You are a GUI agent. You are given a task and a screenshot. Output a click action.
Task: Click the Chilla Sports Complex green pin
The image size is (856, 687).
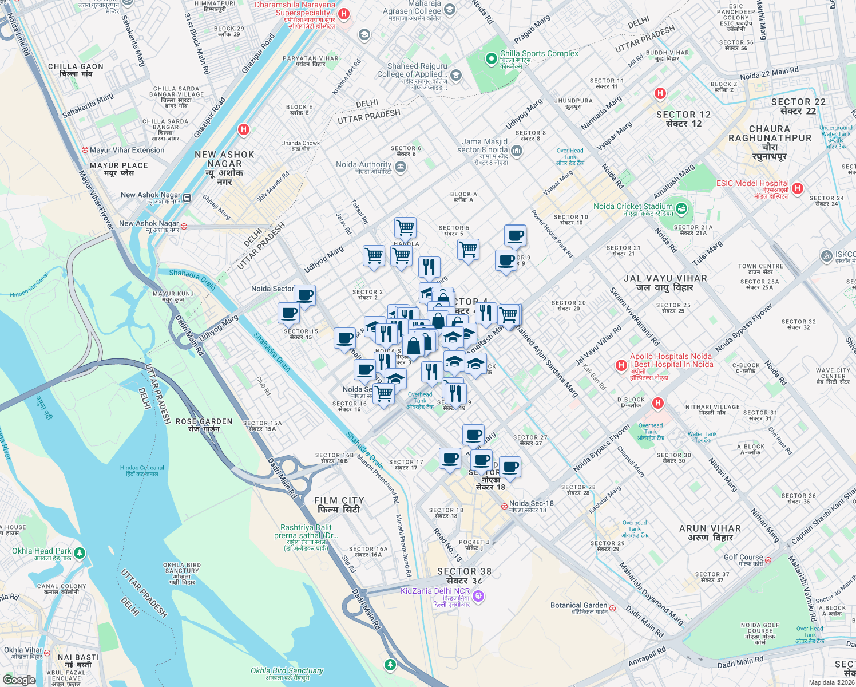[490, 58]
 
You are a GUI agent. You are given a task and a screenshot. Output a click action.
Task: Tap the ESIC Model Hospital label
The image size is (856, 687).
[752, 184]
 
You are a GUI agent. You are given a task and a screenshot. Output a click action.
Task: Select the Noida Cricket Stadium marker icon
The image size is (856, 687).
[681, 208]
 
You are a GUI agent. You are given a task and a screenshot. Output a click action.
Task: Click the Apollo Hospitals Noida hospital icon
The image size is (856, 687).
[621, 365]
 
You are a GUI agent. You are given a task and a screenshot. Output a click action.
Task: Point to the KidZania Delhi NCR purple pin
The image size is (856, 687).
[479, 597]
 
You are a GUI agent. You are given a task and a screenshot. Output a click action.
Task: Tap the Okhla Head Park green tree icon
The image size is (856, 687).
[80, 552]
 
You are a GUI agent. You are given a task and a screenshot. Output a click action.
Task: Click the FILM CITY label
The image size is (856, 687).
[339, 500]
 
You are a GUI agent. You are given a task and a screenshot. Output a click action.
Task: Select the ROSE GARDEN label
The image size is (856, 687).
[204, 421]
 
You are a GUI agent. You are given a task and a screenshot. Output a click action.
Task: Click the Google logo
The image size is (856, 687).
[19, 680]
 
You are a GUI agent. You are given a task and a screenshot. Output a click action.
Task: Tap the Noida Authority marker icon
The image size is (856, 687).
[401, 167]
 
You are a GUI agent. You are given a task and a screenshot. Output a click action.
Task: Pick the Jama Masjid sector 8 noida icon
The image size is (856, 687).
[517, 151]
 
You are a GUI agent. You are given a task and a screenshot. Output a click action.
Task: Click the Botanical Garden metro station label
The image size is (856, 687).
[578, 605]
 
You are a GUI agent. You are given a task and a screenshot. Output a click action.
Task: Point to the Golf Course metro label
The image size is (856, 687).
[743, 557]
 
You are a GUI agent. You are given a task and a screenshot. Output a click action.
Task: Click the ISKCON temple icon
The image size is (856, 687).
[826, 256]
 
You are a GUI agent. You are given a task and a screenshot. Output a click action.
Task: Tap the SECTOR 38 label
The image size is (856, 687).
[464, 571]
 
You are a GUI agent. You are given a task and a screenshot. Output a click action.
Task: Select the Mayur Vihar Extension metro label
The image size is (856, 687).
[126, 150]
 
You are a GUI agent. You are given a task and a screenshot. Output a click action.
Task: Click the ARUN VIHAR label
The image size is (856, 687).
[710, 528]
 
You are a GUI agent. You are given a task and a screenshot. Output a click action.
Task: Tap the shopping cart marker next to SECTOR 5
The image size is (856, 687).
[468, 250]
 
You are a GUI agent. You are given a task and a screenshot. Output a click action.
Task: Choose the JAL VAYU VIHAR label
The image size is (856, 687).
[665, 278]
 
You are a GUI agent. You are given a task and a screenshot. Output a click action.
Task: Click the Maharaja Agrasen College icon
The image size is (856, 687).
[450, 9]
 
